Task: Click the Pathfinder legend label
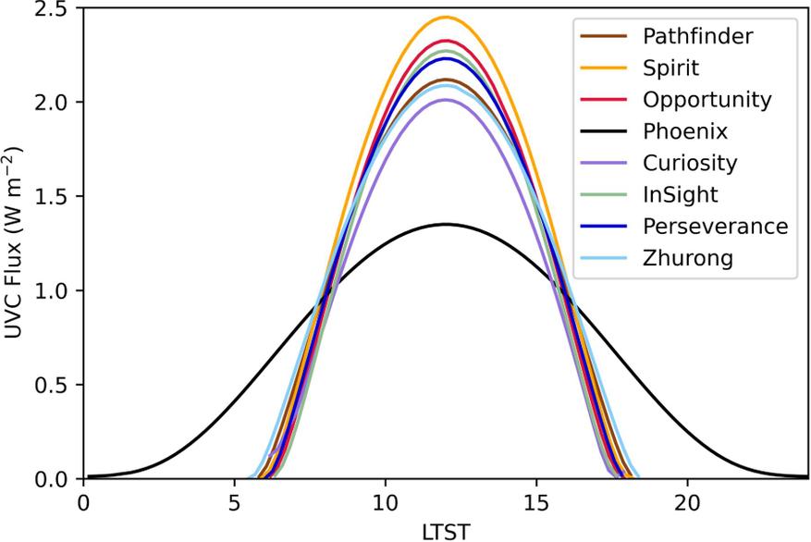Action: click(695, 36)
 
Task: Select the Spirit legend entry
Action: click(670, 68)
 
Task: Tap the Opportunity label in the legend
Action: click(707, 99)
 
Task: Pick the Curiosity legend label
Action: click(690, 163)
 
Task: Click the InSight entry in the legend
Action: click(680, 194)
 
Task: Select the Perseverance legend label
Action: click(716, 227)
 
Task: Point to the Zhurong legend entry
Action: click(687, 258)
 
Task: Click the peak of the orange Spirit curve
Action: click(446, 17)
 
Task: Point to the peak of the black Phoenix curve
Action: click(446, 224)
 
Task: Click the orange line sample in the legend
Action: click(600, 68)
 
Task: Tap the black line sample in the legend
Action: click(600, 130)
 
